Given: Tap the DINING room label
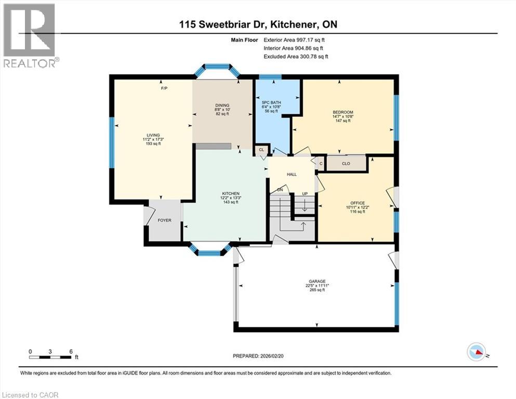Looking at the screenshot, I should point(222,105).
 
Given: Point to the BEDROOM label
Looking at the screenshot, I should point(343,113).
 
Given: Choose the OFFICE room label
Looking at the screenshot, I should point(357,203).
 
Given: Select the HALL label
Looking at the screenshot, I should point(292,174).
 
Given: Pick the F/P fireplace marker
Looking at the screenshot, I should point(164,89).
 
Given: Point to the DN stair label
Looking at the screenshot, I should point(280,190).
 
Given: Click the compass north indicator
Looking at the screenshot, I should point(478,353).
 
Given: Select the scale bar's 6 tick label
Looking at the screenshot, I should point(71,351).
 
